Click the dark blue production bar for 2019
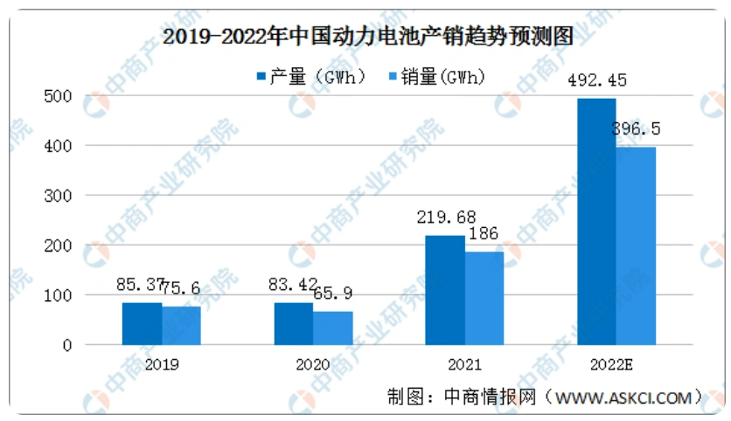tap(142, 323)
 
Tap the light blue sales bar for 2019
tap(181, 326)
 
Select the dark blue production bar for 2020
tap(294, 323)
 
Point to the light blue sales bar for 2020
tap(333, 328)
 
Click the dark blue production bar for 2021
tap(445, 290)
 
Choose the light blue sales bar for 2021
tap(484, 298)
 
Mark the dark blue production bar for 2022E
tap(596, 222)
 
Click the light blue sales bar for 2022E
tap(636, 245)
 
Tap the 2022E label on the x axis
tap(616, 363)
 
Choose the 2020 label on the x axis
tap(312, 363)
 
